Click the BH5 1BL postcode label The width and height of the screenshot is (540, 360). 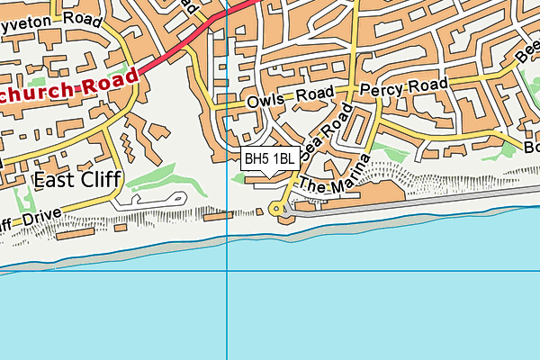point(270,158)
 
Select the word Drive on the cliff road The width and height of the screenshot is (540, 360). point(40,217)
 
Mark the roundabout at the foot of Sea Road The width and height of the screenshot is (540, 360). point(279,209)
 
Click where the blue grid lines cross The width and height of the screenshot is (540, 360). point(228,271)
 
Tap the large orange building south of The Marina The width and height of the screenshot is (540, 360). point(355,197)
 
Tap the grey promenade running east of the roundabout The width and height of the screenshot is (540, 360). point(405,209)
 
